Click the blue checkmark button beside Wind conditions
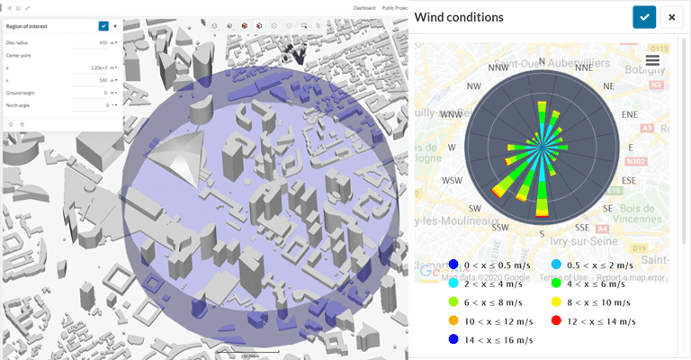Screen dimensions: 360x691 point(644,17)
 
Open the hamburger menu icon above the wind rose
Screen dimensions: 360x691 point(652,59)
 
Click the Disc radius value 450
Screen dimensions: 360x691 point(102,42)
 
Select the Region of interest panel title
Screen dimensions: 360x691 point(27,27)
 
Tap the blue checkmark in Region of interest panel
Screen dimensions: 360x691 point(103,26)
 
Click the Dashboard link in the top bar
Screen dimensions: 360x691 point(364,6)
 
